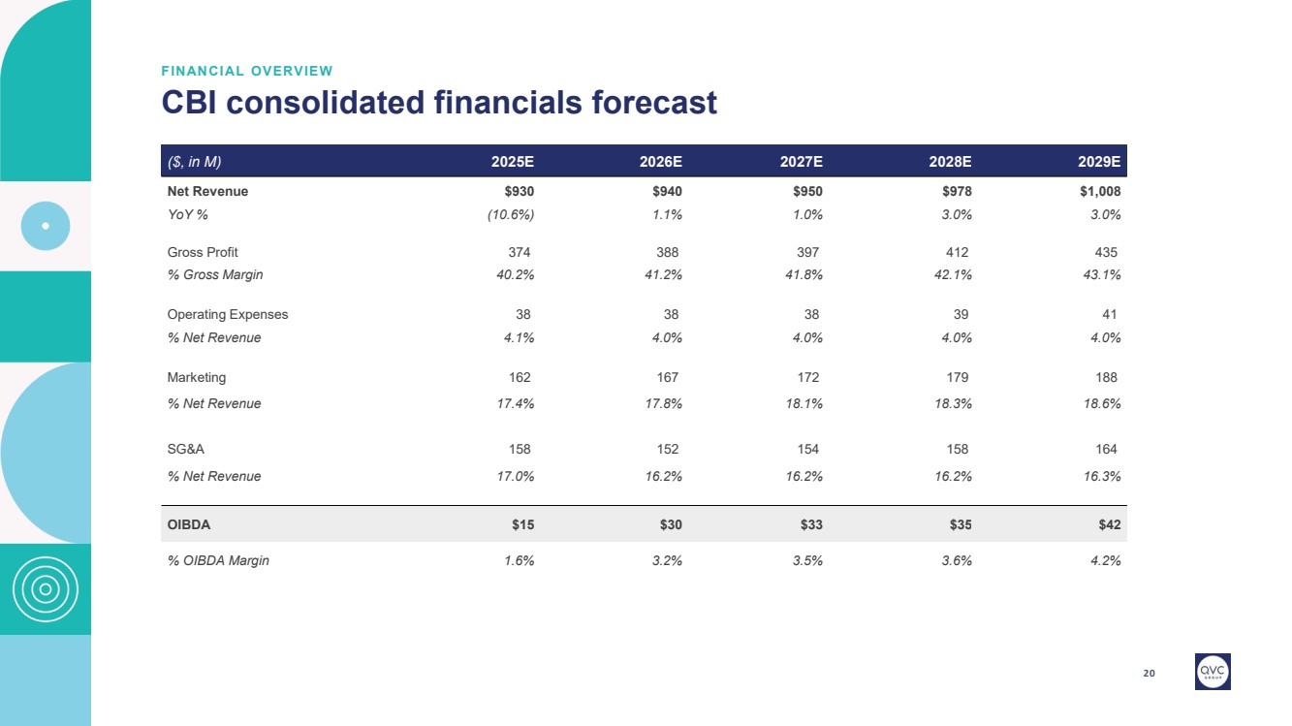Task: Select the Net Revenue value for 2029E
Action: [1100, 191]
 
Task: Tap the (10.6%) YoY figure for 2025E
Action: [510, 214]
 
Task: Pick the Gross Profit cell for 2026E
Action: [667, 252]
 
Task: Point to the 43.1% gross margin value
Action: [1101, 274]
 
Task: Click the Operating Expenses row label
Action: [227, 314]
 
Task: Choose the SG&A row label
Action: [186, 449]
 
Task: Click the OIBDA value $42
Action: [1108, 524]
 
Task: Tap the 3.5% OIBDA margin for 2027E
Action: [806, 560]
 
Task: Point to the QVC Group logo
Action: [1213, 671]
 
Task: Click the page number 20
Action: [1150, 673]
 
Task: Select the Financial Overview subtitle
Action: [247, 71]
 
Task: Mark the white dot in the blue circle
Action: [46, 226]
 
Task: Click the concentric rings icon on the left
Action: [46, 588]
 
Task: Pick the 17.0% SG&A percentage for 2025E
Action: [515, 476]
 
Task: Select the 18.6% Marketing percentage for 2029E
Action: [1101, 403]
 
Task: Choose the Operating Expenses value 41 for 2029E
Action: [1109, 314]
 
